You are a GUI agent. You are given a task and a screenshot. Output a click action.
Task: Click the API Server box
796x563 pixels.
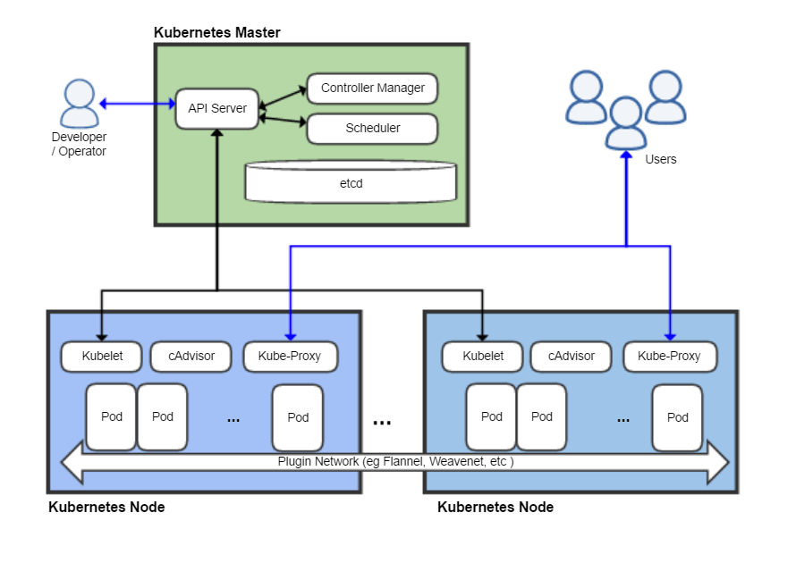tap(217, 108)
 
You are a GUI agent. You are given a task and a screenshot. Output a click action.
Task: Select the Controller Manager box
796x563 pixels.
tap(372, 88)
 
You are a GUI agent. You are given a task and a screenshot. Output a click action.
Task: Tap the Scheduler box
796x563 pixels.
tap(372, 129)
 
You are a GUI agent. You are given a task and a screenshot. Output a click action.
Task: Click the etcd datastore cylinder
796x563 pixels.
tap(350, 182)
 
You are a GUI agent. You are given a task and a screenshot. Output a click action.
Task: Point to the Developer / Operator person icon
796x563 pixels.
tap(80, 104)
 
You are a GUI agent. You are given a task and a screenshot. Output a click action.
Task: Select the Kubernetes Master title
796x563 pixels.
tap(217, 32)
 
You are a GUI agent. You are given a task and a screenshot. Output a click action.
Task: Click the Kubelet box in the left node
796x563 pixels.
tap(101, 356)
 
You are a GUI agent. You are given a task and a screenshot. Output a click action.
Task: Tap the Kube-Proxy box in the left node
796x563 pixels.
tap(288, 356)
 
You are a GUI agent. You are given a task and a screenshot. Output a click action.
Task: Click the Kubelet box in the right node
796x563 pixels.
tap(482, 356)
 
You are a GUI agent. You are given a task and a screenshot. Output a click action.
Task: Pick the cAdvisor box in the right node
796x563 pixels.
tap(572, 356)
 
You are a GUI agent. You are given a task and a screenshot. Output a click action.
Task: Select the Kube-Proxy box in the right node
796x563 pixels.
tap(669, 356)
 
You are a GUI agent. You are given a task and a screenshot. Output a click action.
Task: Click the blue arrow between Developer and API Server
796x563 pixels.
tap(137, 104)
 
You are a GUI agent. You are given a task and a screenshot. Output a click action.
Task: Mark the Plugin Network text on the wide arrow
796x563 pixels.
tap(395, 462)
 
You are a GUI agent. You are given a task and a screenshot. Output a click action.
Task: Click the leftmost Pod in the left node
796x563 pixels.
tap(111, 416)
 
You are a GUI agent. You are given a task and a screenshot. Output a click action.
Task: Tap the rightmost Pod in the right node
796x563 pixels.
tap(677, 416)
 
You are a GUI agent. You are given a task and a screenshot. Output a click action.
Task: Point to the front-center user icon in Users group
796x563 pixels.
tap(625, 122)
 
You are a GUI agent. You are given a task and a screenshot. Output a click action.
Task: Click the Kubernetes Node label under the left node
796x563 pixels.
tap(106, 507)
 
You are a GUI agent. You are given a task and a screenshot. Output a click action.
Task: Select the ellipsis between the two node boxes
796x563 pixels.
tap(382, 421)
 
